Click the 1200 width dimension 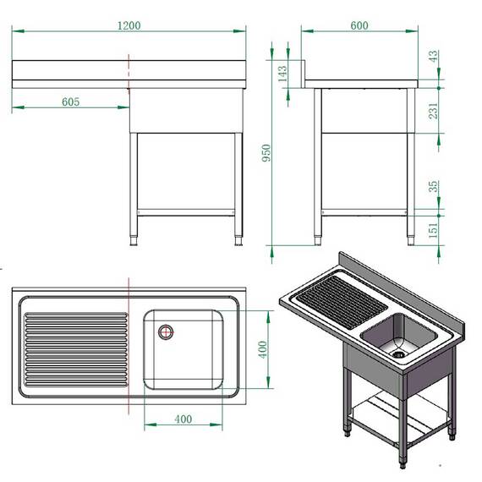point(129,25)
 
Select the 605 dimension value point(71,101)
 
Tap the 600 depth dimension point(359,25)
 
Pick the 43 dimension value point(434,57)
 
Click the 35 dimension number point(434,188)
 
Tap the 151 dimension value point(434,227)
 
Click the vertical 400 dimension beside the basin point(262,349)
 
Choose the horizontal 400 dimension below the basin point(183,419)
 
